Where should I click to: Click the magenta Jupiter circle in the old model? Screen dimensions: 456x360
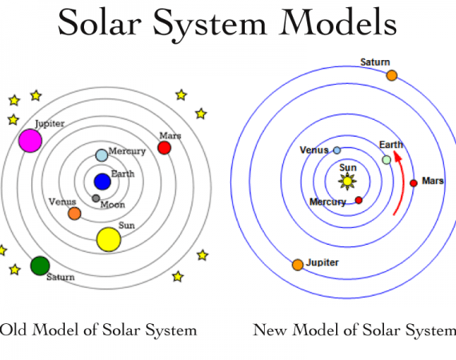30,141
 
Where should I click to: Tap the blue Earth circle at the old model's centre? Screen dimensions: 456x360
102,182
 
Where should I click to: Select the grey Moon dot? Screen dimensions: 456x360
96,198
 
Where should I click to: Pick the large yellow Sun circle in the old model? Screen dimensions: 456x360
109,239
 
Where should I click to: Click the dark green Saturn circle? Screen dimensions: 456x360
40,266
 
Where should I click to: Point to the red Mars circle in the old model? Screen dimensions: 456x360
164,148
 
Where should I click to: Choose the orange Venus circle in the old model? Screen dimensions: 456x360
74,214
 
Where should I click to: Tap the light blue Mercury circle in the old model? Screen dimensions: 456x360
102,155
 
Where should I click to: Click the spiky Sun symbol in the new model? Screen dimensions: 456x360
347,181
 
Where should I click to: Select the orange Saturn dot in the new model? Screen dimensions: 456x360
392,75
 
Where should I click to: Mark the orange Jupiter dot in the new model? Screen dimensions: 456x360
298,265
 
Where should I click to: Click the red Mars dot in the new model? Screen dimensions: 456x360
414,183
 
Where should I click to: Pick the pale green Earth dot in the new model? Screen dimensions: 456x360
386,160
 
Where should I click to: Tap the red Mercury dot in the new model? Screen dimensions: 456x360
358,200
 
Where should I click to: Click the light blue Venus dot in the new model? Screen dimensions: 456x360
337,150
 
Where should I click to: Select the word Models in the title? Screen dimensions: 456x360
338,22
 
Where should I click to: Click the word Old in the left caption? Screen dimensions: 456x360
13,330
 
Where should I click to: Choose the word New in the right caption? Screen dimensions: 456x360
270,330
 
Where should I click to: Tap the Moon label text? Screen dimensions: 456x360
113,205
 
